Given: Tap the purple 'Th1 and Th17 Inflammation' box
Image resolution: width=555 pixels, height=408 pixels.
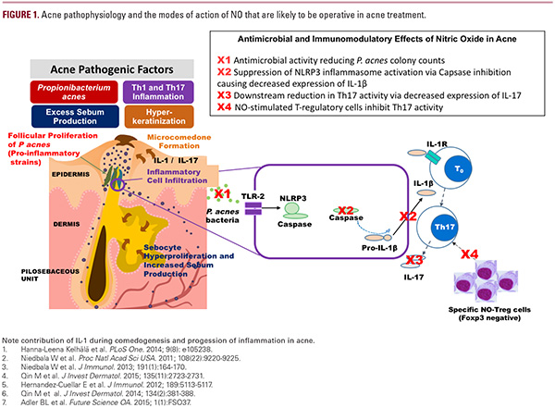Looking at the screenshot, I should tap(162, 93).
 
